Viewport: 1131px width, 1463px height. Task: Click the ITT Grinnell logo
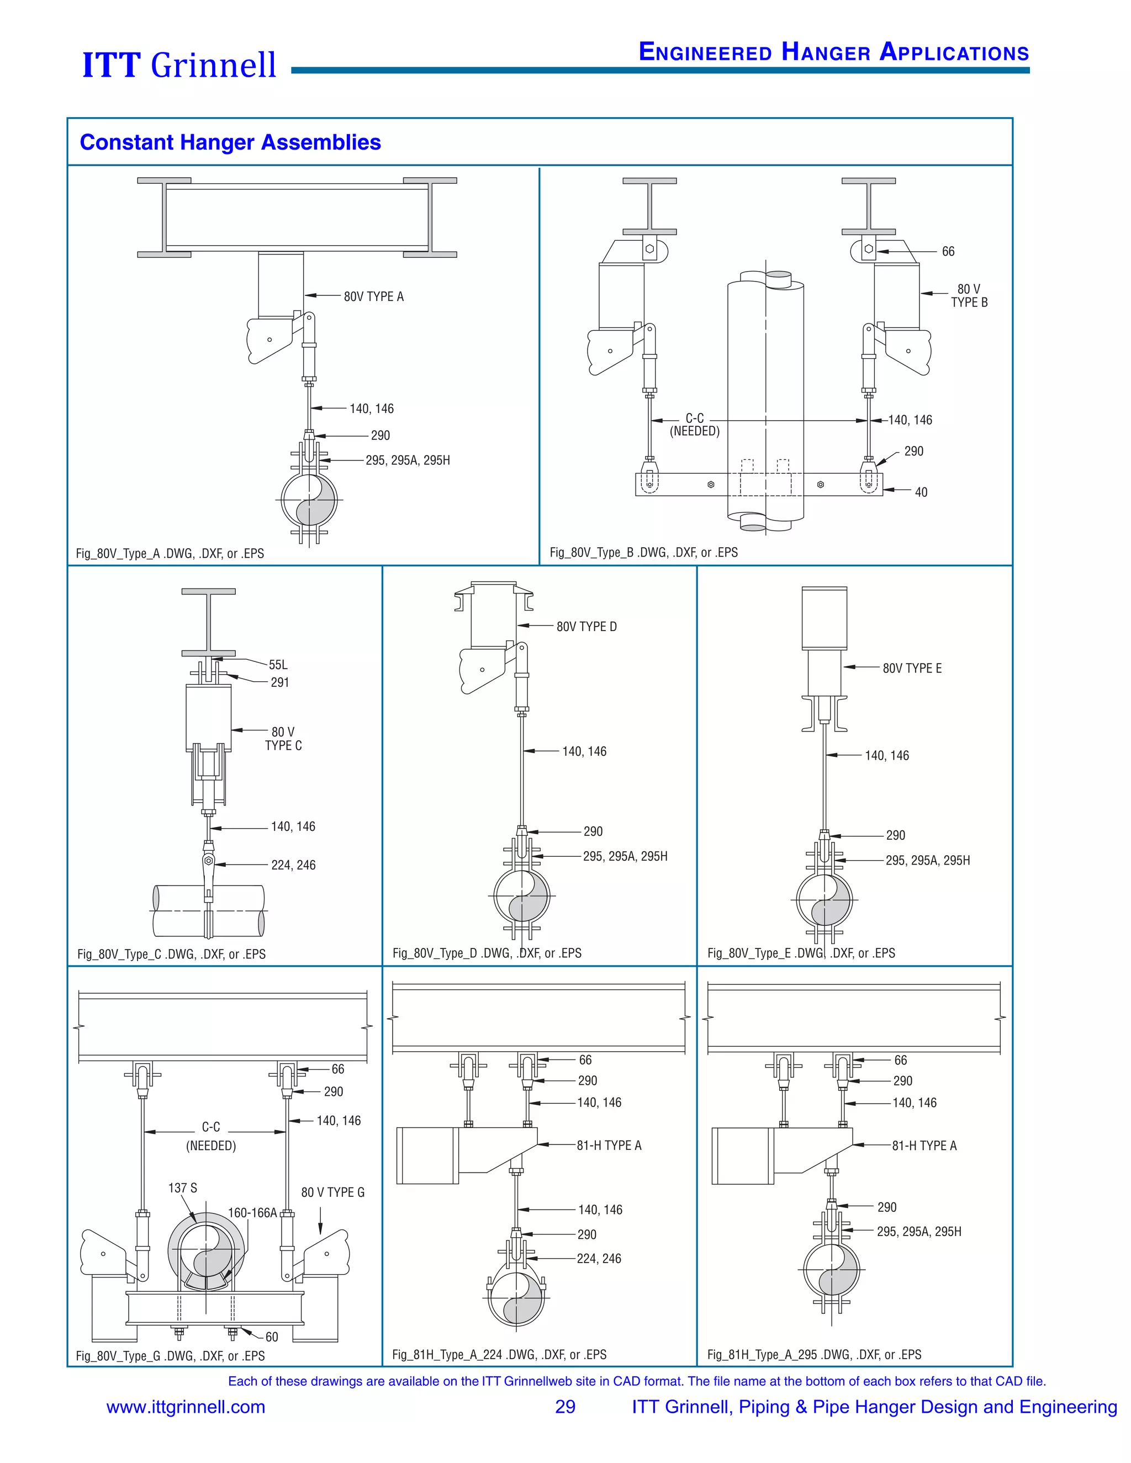point(179,65)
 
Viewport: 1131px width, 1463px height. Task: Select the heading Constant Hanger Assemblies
point(230,142)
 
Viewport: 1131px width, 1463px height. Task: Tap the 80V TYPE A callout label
point(373,297)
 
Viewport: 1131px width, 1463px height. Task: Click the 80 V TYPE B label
point(968,295)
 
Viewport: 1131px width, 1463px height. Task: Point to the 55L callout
point(278,665)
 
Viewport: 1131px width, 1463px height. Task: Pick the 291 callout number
point(280,682)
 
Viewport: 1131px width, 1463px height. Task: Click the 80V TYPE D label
point(586,627)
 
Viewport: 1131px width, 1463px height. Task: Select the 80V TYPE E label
point(912,669)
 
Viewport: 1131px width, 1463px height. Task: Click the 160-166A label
point(252,1212)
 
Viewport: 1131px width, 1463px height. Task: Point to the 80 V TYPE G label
point(332,1192)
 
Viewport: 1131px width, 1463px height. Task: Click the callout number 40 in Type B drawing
point(921,492)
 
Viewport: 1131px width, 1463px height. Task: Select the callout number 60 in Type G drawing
point(271,1337)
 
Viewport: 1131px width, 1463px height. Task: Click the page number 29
point(565,1407)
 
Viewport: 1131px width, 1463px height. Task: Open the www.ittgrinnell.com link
point(186,1407)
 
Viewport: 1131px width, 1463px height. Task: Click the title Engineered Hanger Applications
point(833,52)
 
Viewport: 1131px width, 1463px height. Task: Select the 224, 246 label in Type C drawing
point(293,866)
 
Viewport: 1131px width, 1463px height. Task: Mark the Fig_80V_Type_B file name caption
point(643,553)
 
